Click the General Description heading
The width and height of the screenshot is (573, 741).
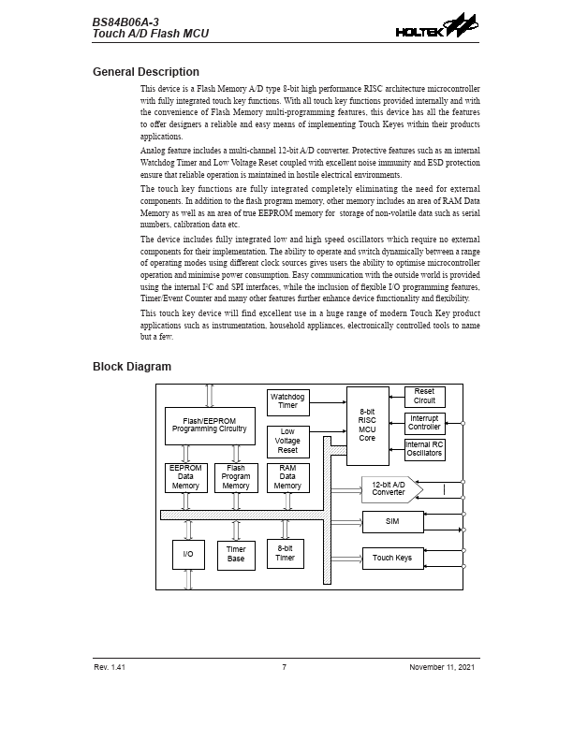tap(145, 72)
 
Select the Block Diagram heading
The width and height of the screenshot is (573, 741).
tap(132, 367)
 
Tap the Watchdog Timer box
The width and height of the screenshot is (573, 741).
tap(287, 401)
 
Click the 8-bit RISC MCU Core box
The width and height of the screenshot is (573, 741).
tap(367, 425)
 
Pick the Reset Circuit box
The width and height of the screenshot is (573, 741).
tap(424, 396)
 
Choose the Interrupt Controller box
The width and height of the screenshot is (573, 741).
tap(424, 422)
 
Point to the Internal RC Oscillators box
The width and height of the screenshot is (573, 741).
tap(424, 448)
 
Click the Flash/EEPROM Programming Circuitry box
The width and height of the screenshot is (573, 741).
tap(209, 426)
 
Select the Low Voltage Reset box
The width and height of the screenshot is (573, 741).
tap(287, 441)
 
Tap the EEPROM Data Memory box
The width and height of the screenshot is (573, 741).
tap(185, 477)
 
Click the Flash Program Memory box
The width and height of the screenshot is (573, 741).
tap(236, 477)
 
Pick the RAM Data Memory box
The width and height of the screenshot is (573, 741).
tap(287, 477)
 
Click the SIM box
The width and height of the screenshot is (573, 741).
tap(392, 521)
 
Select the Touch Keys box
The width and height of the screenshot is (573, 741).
tap(392, 559)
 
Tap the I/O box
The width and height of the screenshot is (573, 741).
tap(188, 555)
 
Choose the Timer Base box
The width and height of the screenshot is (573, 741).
tap(236, 555)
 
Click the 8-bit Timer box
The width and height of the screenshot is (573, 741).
tap(285, 552)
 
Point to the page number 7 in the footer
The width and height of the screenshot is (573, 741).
tap(284, 667)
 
